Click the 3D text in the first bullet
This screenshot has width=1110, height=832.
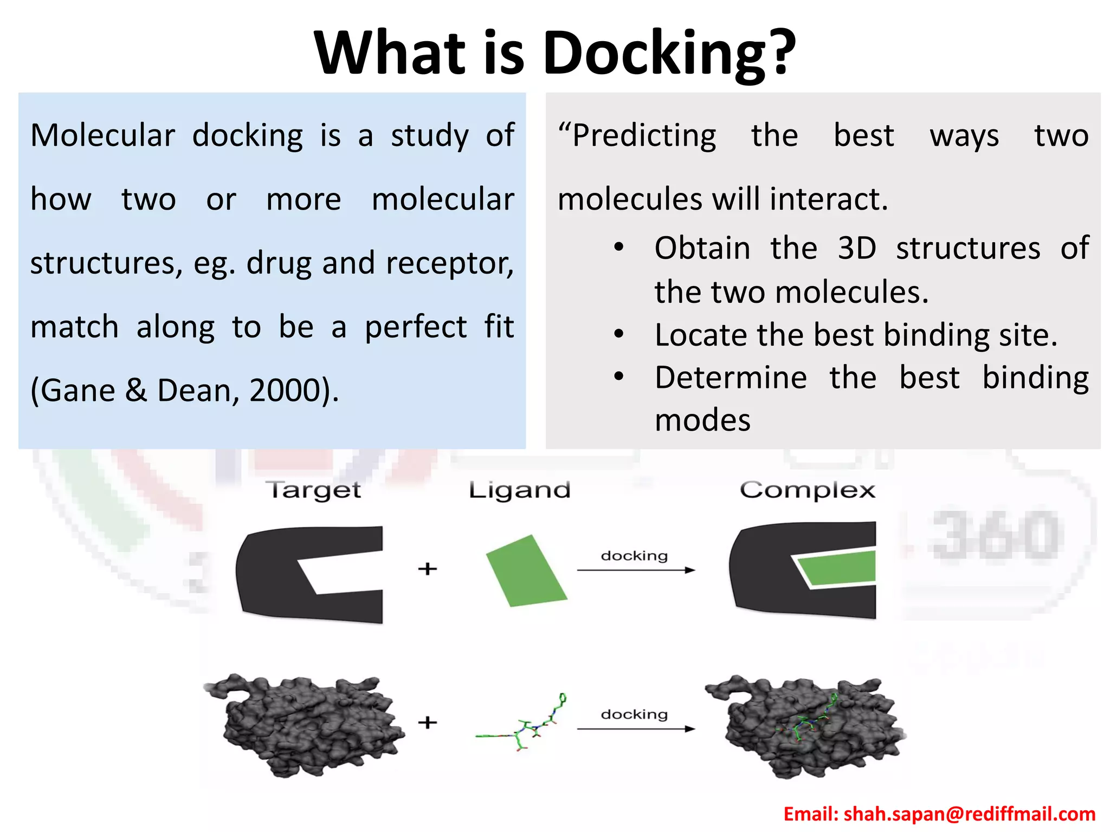pyautogui.click(x=857, y=249)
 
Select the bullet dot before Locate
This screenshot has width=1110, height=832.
pyautogui.click(x=619, y=334)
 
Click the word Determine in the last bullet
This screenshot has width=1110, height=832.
pyautogui.click(x=731, y=378)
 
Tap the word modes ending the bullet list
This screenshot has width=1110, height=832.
pyautogui.click(x=702, y=420)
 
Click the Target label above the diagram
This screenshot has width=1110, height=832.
pyautogui.click(x=313, y=490)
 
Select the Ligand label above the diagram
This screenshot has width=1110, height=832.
pyautogui.click(x=519, y=490)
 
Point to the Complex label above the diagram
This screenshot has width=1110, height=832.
pyautogui.click(x=808, y=490)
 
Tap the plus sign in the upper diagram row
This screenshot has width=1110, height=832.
pyautogui.click(x=428, y=569)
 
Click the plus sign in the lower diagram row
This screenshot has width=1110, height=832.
pyautogui.click(x=428, y=722)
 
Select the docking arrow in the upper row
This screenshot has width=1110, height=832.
pyautogui.click(x=636, y=570)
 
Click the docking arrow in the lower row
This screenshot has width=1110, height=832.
pyautogui.click(x=636, y=729)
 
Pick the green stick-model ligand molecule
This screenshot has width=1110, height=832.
pyautogui.click(x=523, y=726)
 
